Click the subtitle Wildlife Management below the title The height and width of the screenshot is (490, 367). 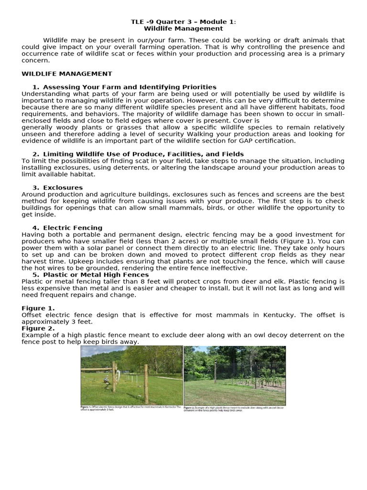pyautogui.click(x=183, y=29)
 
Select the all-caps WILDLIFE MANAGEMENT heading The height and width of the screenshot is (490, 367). pyautogui.click(x=67, y=74)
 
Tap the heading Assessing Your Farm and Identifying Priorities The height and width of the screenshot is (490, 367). pyautogui.click(x=130, y=87)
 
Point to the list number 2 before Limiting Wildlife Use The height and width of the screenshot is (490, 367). pyautogui.click(x=35, y=154)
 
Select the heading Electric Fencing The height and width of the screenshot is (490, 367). pyautogui.click(x=73, y=228)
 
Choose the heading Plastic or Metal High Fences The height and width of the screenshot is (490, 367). pyautogui.click(x=96, y=275)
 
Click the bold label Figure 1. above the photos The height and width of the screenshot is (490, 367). pyautogui.click(x=38, y=308)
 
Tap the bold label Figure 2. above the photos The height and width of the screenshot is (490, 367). pyautogui.click(x=38, y=328)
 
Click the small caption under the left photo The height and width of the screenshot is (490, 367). pyautogui.click(x=131, y=409)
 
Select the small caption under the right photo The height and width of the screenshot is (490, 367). pyautogui.click(x=234, y=409)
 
